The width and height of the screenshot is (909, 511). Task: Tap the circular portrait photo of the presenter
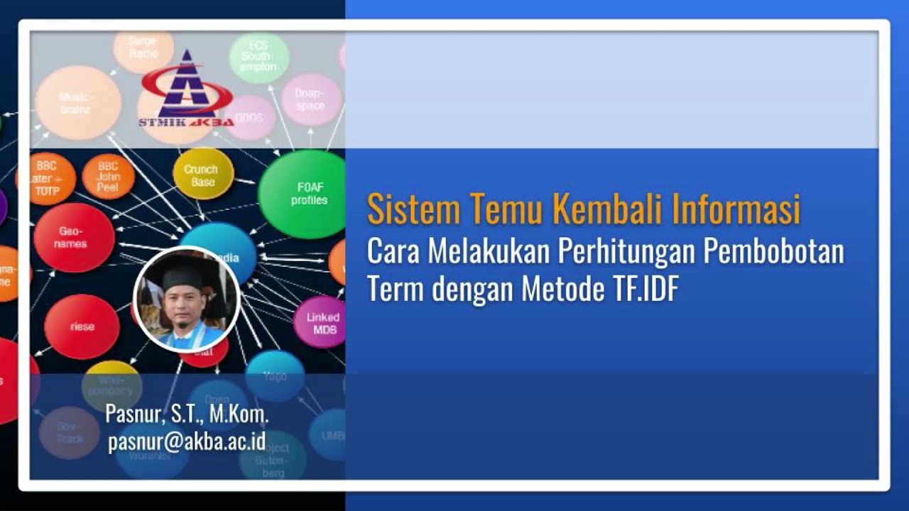point(187,299)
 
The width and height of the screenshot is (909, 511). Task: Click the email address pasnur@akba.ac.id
point(187,441)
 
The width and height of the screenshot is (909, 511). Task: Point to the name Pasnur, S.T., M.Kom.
point(187,414)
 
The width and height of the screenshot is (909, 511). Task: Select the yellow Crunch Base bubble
point(202,175)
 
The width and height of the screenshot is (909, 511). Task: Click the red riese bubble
point(82,326)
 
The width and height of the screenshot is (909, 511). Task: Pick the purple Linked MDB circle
point(322,323)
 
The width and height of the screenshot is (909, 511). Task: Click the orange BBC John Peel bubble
point(108,176)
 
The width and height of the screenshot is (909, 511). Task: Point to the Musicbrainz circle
point(77,103)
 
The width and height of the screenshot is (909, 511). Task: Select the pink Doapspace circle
point(311,99)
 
